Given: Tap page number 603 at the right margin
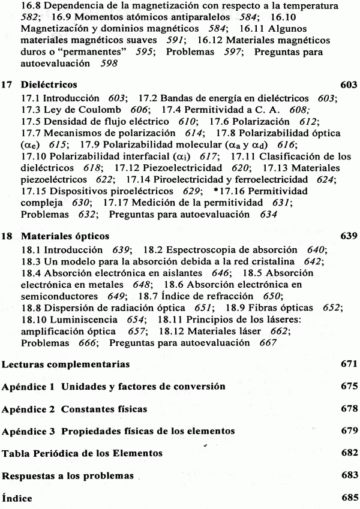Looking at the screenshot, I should point(348,84).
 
